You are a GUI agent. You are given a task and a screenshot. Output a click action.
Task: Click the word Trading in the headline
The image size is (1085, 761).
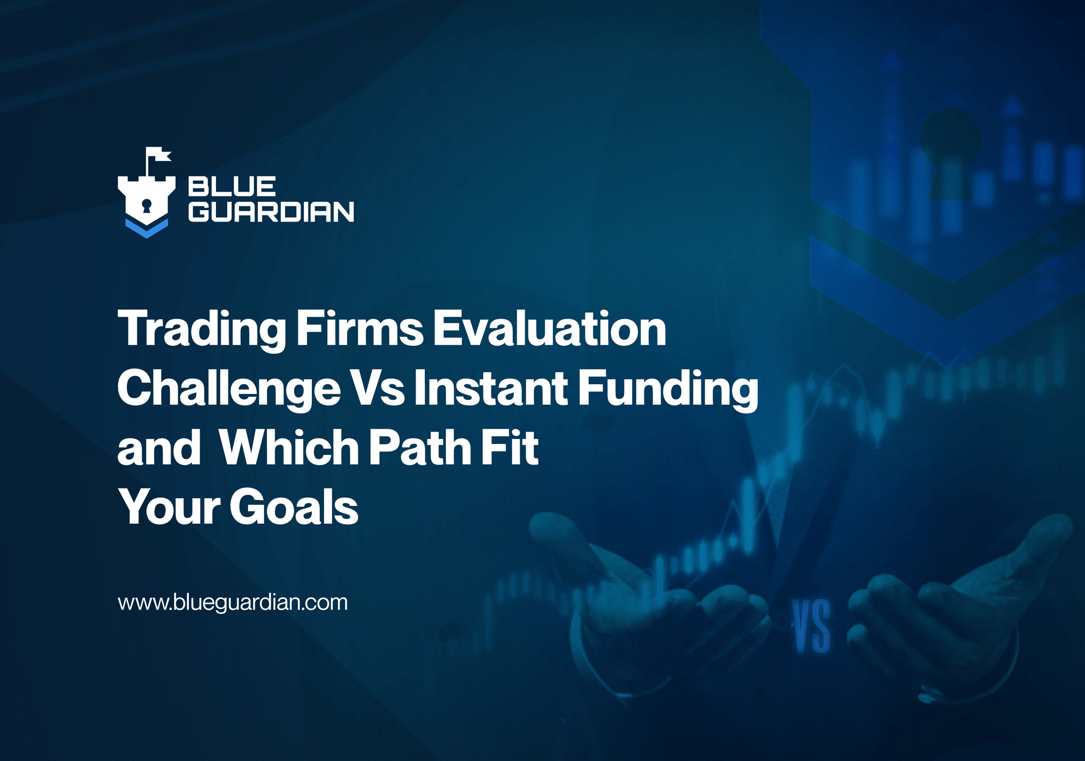[202, 329]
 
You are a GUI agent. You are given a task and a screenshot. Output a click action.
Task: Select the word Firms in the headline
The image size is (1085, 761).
[360, 329]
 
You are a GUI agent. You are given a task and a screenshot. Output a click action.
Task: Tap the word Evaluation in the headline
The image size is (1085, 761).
[549, 329]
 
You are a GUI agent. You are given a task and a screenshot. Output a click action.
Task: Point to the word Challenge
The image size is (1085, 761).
[229, 389]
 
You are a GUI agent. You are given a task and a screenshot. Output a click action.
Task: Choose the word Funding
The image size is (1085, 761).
[668, 389]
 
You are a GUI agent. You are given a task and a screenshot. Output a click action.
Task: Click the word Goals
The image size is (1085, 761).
[293, 507]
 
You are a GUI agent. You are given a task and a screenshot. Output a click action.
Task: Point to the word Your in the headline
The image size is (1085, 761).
[169, 507]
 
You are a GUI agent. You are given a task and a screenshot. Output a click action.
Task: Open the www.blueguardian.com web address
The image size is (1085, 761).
[233, 603]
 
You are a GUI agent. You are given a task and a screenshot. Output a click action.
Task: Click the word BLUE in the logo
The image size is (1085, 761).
[232, 187]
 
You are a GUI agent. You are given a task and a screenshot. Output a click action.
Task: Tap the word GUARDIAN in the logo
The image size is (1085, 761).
[271, 212]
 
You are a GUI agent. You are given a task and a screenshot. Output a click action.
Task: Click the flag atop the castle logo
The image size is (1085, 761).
[159, 155]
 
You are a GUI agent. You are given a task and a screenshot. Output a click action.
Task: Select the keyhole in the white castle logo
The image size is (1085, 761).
[146, 206]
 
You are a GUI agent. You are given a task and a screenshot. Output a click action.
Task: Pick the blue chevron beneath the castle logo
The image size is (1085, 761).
[146, 228]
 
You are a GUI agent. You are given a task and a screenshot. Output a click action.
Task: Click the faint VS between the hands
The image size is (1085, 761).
[812, 625]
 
